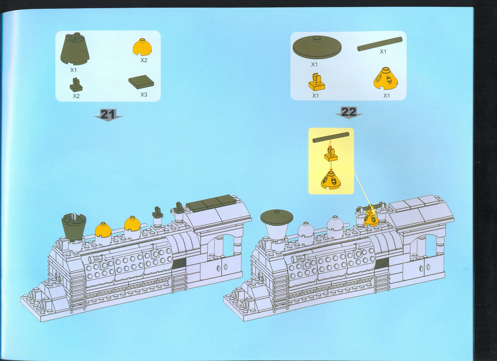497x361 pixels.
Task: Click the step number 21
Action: [x=107, y=114]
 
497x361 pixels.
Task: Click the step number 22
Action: [x=348, y=112]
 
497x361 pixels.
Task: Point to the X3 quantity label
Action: [x=144, y=94]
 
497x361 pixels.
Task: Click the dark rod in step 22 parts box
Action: [x=380, y=44]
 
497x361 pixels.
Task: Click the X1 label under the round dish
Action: [x=314, y=65]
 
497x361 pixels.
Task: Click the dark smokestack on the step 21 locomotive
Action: [x=74, y=226]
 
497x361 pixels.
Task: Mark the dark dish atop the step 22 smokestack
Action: [x=276, y=217]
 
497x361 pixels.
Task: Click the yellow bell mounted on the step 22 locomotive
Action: [x=372, y=218]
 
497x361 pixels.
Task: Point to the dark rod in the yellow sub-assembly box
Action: [x=331, y=138]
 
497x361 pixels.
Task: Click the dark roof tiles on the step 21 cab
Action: [x=212, y=202]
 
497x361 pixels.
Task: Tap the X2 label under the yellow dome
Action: [x=144, y=60]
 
